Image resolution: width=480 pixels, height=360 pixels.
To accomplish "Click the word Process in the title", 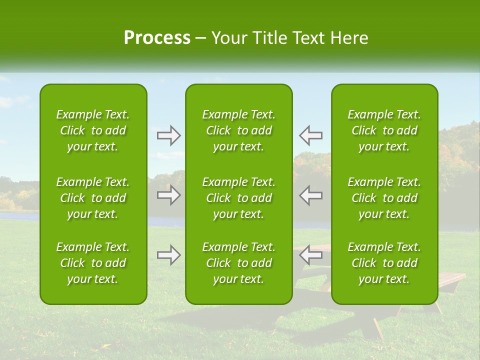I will [157, 38].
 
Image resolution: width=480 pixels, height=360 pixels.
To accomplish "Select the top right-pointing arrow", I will [168, 135].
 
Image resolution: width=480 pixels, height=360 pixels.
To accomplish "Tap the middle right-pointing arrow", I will [168, 195].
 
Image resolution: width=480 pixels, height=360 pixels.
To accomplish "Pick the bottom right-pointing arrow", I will [168, 255].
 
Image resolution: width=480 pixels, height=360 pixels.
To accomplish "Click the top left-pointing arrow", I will [310, 135].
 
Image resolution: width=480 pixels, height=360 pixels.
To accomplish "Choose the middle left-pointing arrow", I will [310, 195].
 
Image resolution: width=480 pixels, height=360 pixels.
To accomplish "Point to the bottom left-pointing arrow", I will [310, 255].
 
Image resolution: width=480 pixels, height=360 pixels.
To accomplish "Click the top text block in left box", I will [93, 130].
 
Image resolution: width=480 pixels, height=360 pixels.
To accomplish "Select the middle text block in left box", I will [93, 198].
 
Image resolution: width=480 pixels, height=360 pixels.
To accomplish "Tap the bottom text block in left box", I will [93, 263].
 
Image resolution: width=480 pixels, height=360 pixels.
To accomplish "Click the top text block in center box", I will [238, 130].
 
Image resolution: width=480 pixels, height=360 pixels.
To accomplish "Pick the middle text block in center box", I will [238, 198].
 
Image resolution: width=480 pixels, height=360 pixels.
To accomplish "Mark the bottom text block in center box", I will [238, 263].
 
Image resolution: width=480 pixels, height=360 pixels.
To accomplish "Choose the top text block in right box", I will [384, 130].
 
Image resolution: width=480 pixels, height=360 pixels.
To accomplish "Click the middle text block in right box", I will [384, 198].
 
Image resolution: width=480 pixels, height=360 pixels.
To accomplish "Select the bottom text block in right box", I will [384, 263].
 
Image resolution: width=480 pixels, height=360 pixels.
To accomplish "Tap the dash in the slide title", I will [201, 38].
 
